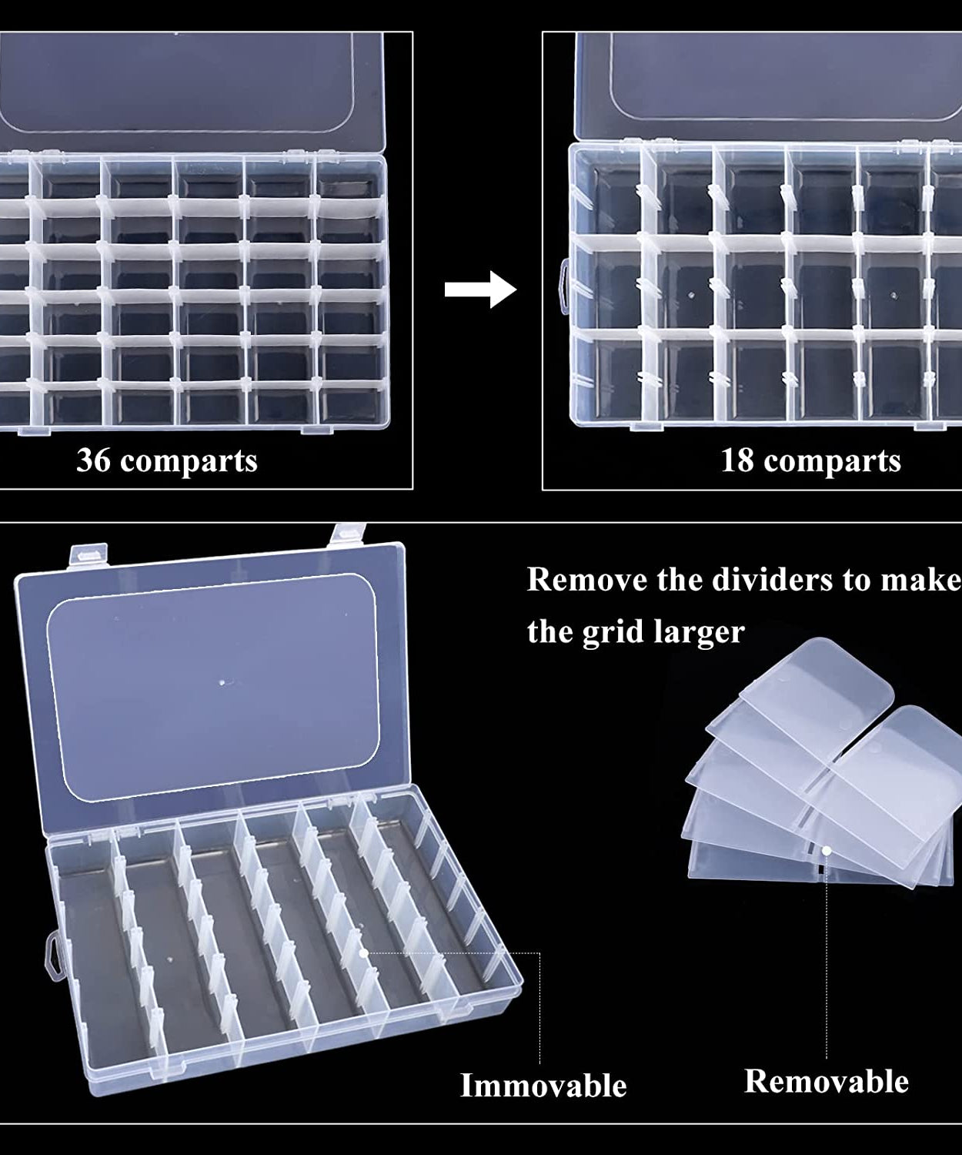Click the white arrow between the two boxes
pyautogui.click(x=480, y=290)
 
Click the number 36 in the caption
pyautogui.click(x=93, y=460)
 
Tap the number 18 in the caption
pyautogui.click(x=737, y=460)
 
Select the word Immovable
pyautogui.click(x=543, y=1085)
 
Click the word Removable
pyautogui.click(x=826, y=1081)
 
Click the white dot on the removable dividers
pyautogui.click(x=826, y=851)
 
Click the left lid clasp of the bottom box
pyautogui.click(x=85, y=554)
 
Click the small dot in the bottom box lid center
pyautogui.click(x=223, y=682)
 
